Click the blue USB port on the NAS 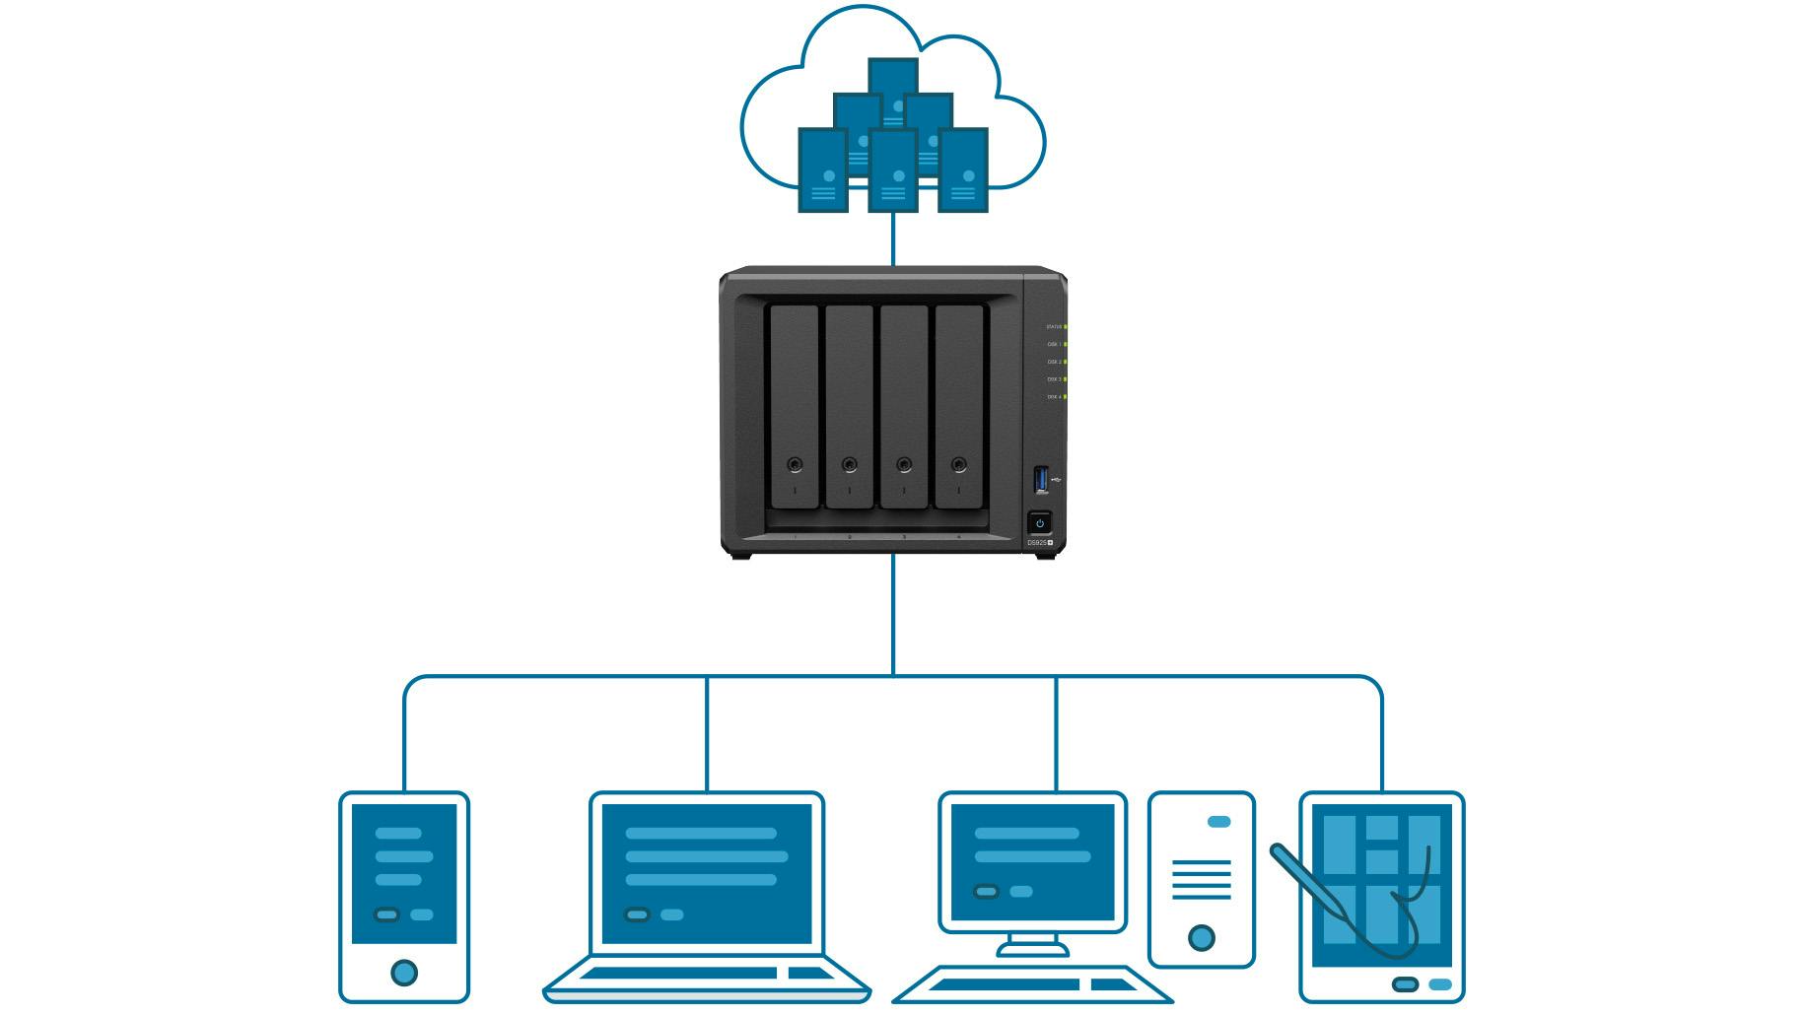[1040, 480]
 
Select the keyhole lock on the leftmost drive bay [795, 464]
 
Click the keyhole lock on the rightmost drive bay [959, 464]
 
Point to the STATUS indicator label [1054, 326]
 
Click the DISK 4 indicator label [1054, 397]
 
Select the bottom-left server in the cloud [823, 169]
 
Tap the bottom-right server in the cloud [963, 169]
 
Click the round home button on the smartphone [404, 973]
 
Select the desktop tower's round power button [1201, 937]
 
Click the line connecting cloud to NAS [893, 238]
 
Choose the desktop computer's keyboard [1030, 984]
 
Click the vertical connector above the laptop [707, 734]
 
